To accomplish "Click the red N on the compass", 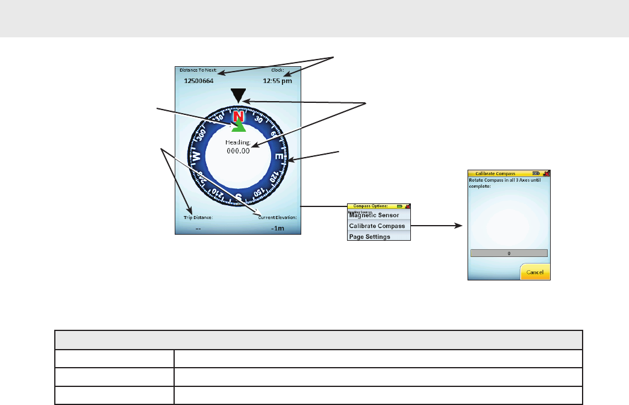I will [x=239, y=116].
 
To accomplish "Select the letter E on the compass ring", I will [x=279, y=157].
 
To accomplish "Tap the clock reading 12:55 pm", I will [x=277, y=81].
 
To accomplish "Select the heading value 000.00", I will [x=239, y=151].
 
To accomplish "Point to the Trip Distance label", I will [x=198, y=217].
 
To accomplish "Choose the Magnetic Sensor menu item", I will [x=374, y=215].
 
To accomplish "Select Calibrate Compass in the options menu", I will [x=377, y=226].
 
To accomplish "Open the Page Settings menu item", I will [x=370, y=237].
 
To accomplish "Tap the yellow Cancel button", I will [x=535, y=272].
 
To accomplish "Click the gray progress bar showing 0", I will [x=509, y=253].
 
